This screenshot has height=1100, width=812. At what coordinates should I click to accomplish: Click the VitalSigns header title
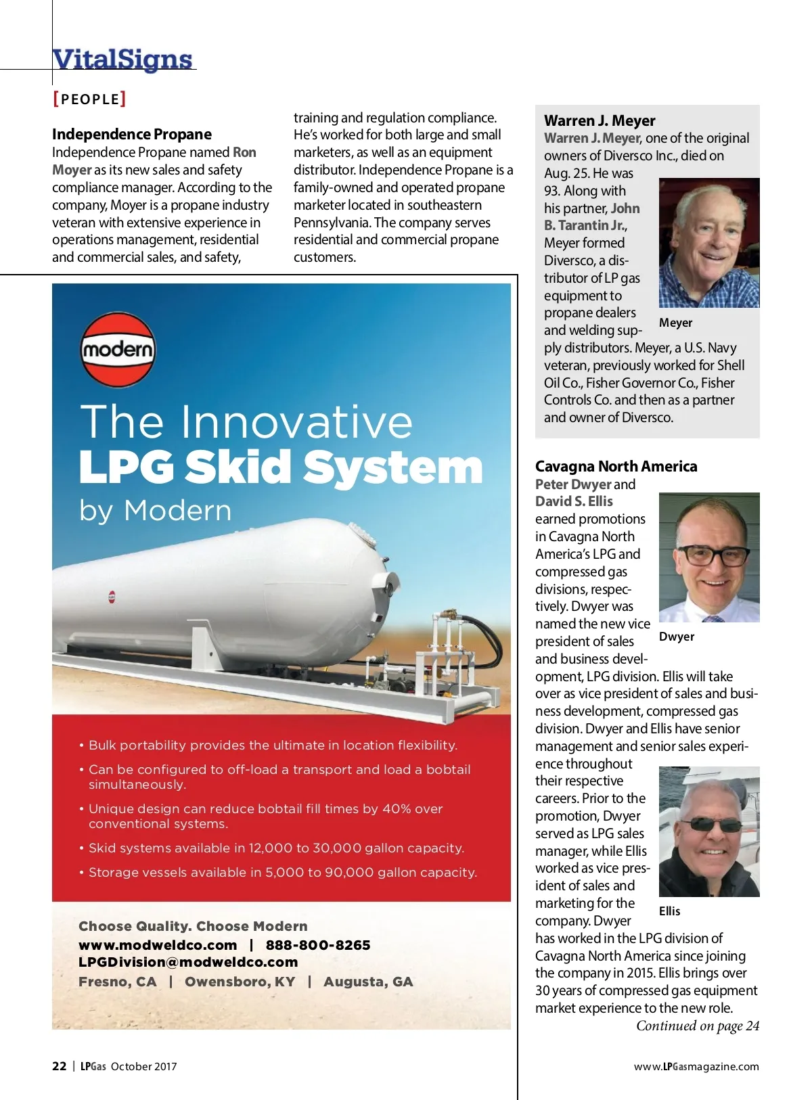point(122,59)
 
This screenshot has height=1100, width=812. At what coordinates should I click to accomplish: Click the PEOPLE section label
point(89,99)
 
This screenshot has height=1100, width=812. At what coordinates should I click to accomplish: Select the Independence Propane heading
point(132,134)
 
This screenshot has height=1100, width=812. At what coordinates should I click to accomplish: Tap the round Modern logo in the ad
point(118,350)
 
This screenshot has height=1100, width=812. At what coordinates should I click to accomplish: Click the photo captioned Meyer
point(708,243)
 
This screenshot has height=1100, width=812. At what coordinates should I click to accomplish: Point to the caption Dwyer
point(676,637)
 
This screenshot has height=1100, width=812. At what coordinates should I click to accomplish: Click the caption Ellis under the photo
point(669,911)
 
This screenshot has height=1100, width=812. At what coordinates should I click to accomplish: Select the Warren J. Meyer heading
point(600,120)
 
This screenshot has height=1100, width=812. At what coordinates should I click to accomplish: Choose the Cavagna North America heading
point(616,466)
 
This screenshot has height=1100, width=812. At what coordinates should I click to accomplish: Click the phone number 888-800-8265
point(318,945)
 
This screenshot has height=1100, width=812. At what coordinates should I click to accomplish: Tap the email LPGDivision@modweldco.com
point(188,962)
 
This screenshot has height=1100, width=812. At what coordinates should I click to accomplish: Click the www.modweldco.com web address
point(158,945)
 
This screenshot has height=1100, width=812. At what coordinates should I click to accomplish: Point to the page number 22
point(60,1066)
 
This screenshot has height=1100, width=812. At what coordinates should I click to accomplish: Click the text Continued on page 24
point(697,1026)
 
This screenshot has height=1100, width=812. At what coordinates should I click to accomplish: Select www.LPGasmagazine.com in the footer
point(696,1067)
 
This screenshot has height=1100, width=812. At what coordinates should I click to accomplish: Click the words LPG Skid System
point(281,467)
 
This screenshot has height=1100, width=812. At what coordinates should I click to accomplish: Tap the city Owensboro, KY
point(240,982)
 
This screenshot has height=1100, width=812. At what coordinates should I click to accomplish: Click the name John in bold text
point(625,208)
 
